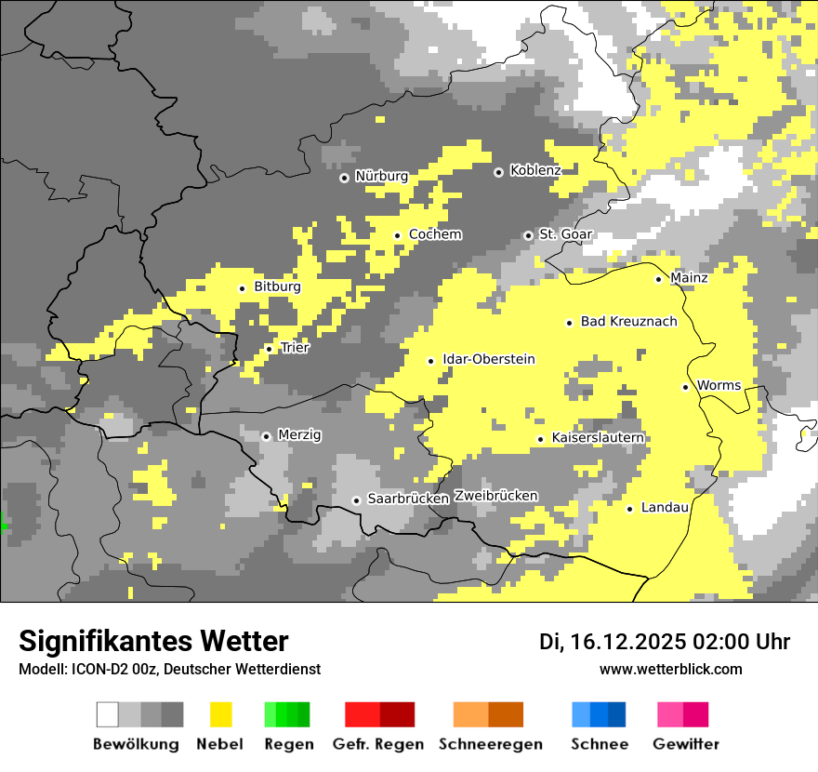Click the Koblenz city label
pyautogui.click(x=535, y=171)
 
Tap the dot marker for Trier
pyautogui.click(x=270, y=349)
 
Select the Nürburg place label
pyautogui.click(x=381, y=176)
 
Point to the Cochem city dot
pyautogui.click(x=397, y=235)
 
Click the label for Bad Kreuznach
pyautogui.click(x=628, y=322)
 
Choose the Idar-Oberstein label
pyautogui.click(x=488, y=360)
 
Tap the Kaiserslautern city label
pyautogui.click(x=598, y=438)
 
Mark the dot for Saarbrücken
pyautogui.click(x=356, y=500)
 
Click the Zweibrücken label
pyautogui.click(x=495, y=496)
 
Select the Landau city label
pyautogui.click(x=665, y=508)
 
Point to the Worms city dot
pyautogui.click(x=685, y=387)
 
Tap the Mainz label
pyautogui.click(x=689, y=278)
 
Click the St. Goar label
pyautogui.click(x=565, y=234)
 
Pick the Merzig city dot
pyautogui.click(x=266, y=436)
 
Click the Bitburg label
pyautogui.click(x=277, y=287)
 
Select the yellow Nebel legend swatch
pyautogui.click(x=220, y=714)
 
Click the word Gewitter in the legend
pyautogui.click(x=685, y=744)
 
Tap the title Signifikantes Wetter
pyautogui.click(x=153, y=642)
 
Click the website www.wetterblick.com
pyautogui.click(x=670, y=670)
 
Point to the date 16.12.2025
pyautogui.click(x=627, y=642)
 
